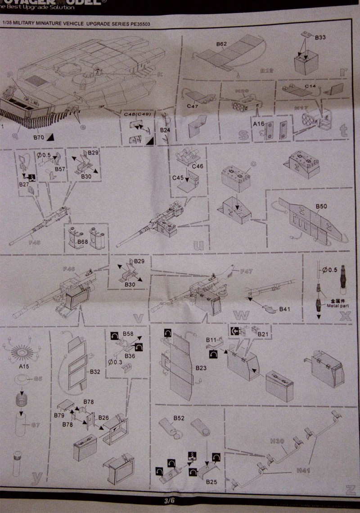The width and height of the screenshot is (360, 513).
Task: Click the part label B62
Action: pos(221,44)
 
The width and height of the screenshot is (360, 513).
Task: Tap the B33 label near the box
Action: pos(320,37)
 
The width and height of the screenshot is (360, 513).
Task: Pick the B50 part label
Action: pos(321,206)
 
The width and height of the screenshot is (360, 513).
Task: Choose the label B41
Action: pos(285,309)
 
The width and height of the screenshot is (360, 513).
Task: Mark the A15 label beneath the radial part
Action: pos(24,367)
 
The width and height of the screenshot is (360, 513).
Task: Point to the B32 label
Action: pos(95,372)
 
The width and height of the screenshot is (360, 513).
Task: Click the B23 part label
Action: pos(201,368)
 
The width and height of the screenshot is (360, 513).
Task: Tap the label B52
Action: pos(179,418)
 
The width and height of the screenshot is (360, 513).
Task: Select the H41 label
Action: pos(303,470)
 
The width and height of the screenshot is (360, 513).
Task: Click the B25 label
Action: pos(211,482)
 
